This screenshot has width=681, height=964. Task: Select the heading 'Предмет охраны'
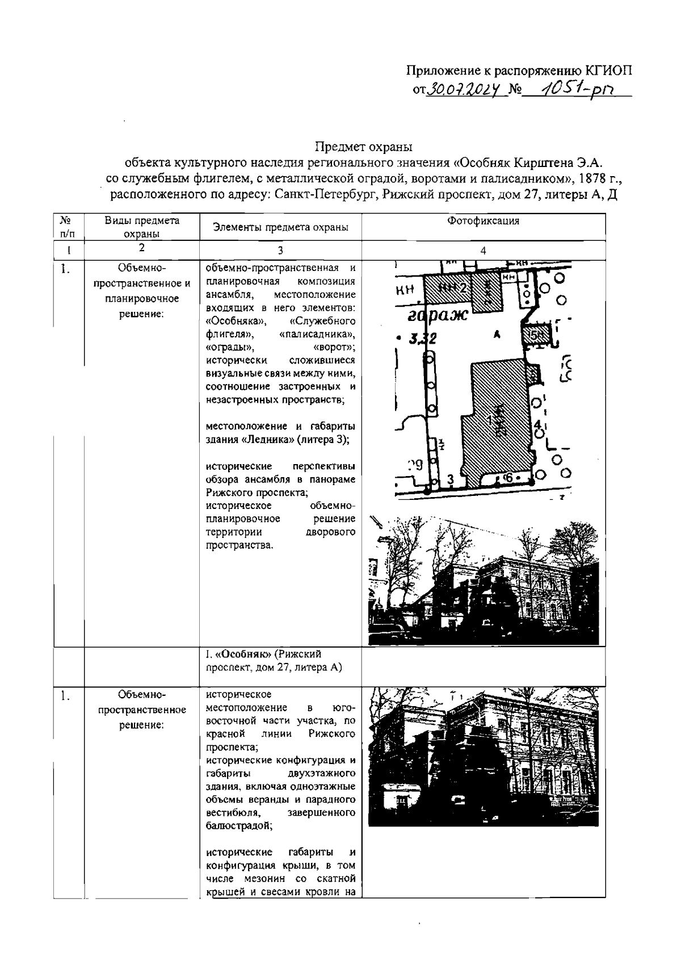pos(363,147)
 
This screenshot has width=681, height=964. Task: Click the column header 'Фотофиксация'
pos(483,221)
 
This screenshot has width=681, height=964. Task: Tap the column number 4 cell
pos(483,250)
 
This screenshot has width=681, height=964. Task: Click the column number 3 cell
pos(280,250)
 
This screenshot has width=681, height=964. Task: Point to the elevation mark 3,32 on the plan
pos(423,339)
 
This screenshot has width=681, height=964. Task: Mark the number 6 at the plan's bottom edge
pos(508,478)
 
